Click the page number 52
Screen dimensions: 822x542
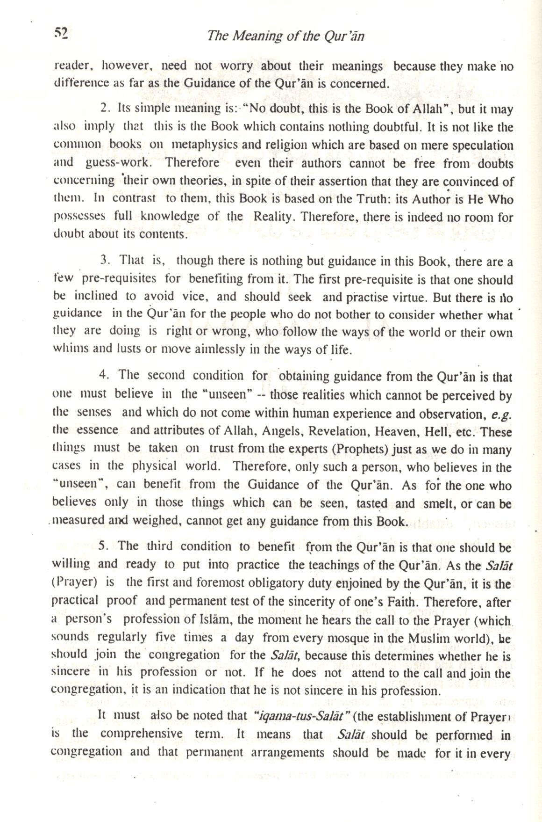61,33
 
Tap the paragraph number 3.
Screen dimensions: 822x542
104,260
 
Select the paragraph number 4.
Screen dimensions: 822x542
103,375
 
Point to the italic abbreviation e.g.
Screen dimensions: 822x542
503,414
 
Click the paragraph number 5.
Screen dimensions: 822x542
103,546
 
